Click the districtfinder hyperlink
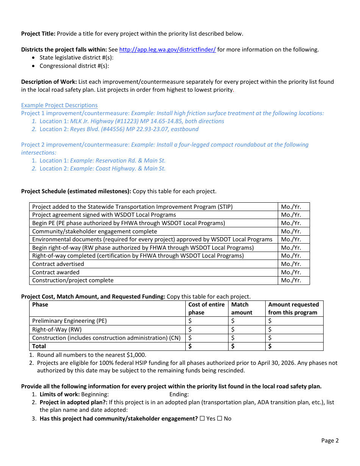tap(167, 50)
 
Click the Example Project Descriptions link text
tap(59, 105)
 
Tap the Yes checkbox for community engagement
tap(202, 419)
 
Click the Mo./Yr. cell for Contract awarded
tap(291, 272)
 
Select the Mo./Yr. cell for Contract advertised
tap(291, 264)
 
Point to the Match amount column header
tap(242, 308)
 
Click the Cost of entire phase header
tap(207, 308)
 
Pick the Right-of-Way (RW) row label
tap(57, 330)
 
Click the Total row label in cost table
tap(39, 346)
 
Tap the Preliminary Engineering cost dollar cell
tap(207, 321)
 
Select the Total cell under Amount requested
tap(294, 346)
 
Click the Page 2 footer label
tap(330, 441)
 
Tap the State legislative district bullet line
tap(77, 58)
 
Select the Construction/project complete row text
tap(73, 281)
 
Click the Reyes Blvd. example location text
tap(134, 129)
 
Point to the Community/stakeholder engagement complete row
tap(94, 231)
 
